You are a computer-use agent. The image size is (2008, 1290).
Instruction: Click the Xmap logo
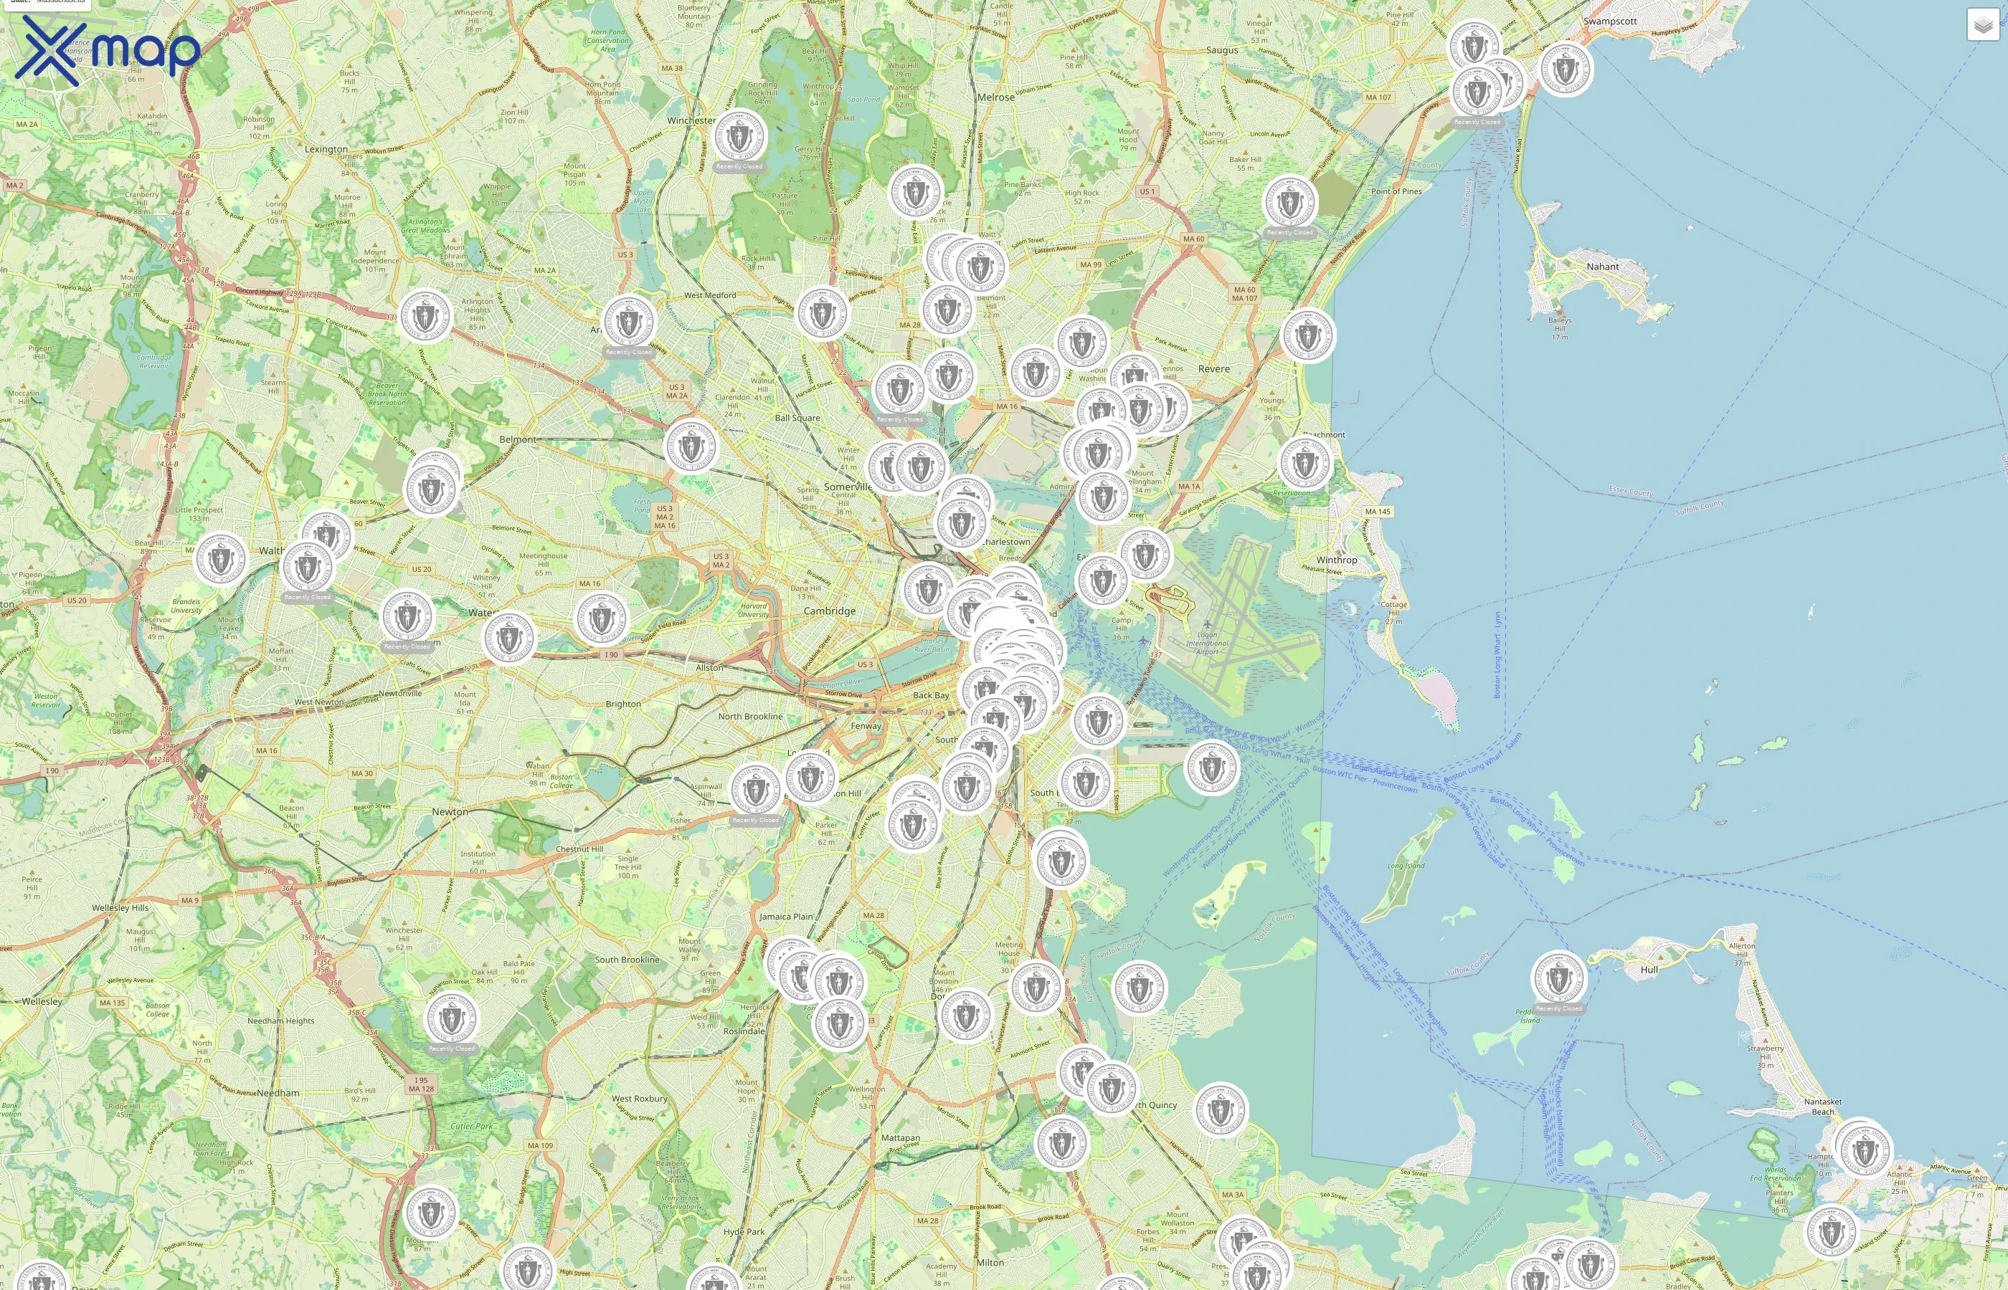pos(108,51)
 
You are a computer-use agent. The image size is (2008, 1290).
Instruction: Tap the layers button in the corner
pos(1983,25)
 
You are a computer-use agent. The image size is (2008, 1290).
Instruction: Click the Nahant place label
pos(1602,267)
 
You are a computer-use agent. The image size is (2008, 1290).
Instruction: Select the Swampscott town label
pos(1610,21)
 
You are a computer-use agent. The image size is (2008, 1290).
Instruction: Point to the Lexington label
pos(326,149)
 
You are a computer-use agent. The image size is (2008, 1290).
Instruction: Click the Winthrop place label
pos(1336,560)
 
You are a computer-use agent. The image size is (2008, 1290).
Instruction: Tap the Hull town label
pos(1649,969)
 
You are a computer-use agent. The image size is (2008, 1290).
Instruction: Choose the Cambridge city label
pos(830,611)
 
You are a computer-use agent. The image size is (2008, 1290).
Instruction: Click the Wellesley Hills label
pos(120,907)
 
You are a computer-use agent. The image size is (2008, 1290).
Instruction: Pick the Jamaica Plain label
pos(786,917)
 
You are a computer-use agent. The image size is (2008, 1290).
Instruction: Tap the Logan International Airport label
pos(1207,644)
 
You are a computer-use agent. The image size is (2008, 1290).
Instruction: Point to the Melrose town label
pos(995,97)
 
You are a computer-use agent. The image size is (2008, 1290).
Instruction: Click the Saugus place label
pos(1222,50)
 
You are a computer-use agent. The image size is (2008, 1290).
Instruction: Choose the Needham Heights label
pos(280,1021)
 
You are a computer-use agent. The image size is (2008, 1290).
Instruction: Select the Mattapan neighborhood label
pos(900,1137)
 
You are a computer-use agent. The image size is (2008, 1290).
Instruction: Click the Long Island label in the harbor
pos(1406,865)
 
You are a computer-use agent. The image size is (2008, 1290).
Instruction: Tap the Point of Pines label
pos(1396,191)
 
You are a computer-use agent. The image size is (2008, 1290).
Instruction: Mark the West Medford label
pos(710,295)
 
